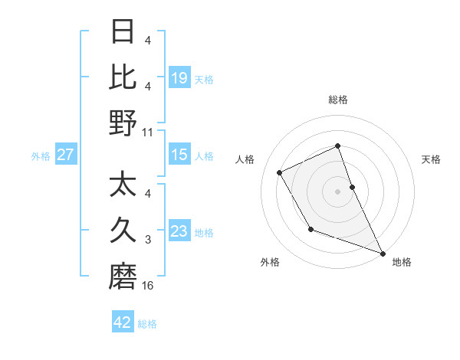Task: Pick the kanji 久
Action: click(123, 230)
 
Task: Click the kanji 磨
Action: click(123, 276)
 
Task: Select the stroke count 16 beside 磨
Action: click(148, 286)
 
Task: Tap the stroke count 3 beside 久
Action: click(148, 241)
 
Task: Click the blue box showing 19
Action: click(179, 77)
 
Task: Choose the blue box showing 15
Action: click(179, 155)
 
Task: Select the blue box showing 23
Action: click(179, 231)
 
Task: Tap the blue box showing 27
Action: click(65, 155)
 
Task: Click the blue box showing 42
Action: click(123, 322)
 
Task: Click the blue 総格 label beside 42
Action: click(147, 324)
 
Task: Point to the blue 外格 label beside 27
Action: click(41, 156)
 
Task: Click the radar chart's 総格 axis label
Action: click(338, 100)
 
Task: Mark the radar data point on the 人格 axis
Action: click(280, 172)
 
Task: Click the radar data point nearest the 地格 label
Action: click(383, 253)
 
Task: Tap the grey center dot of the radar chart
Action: click(337, 191)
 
